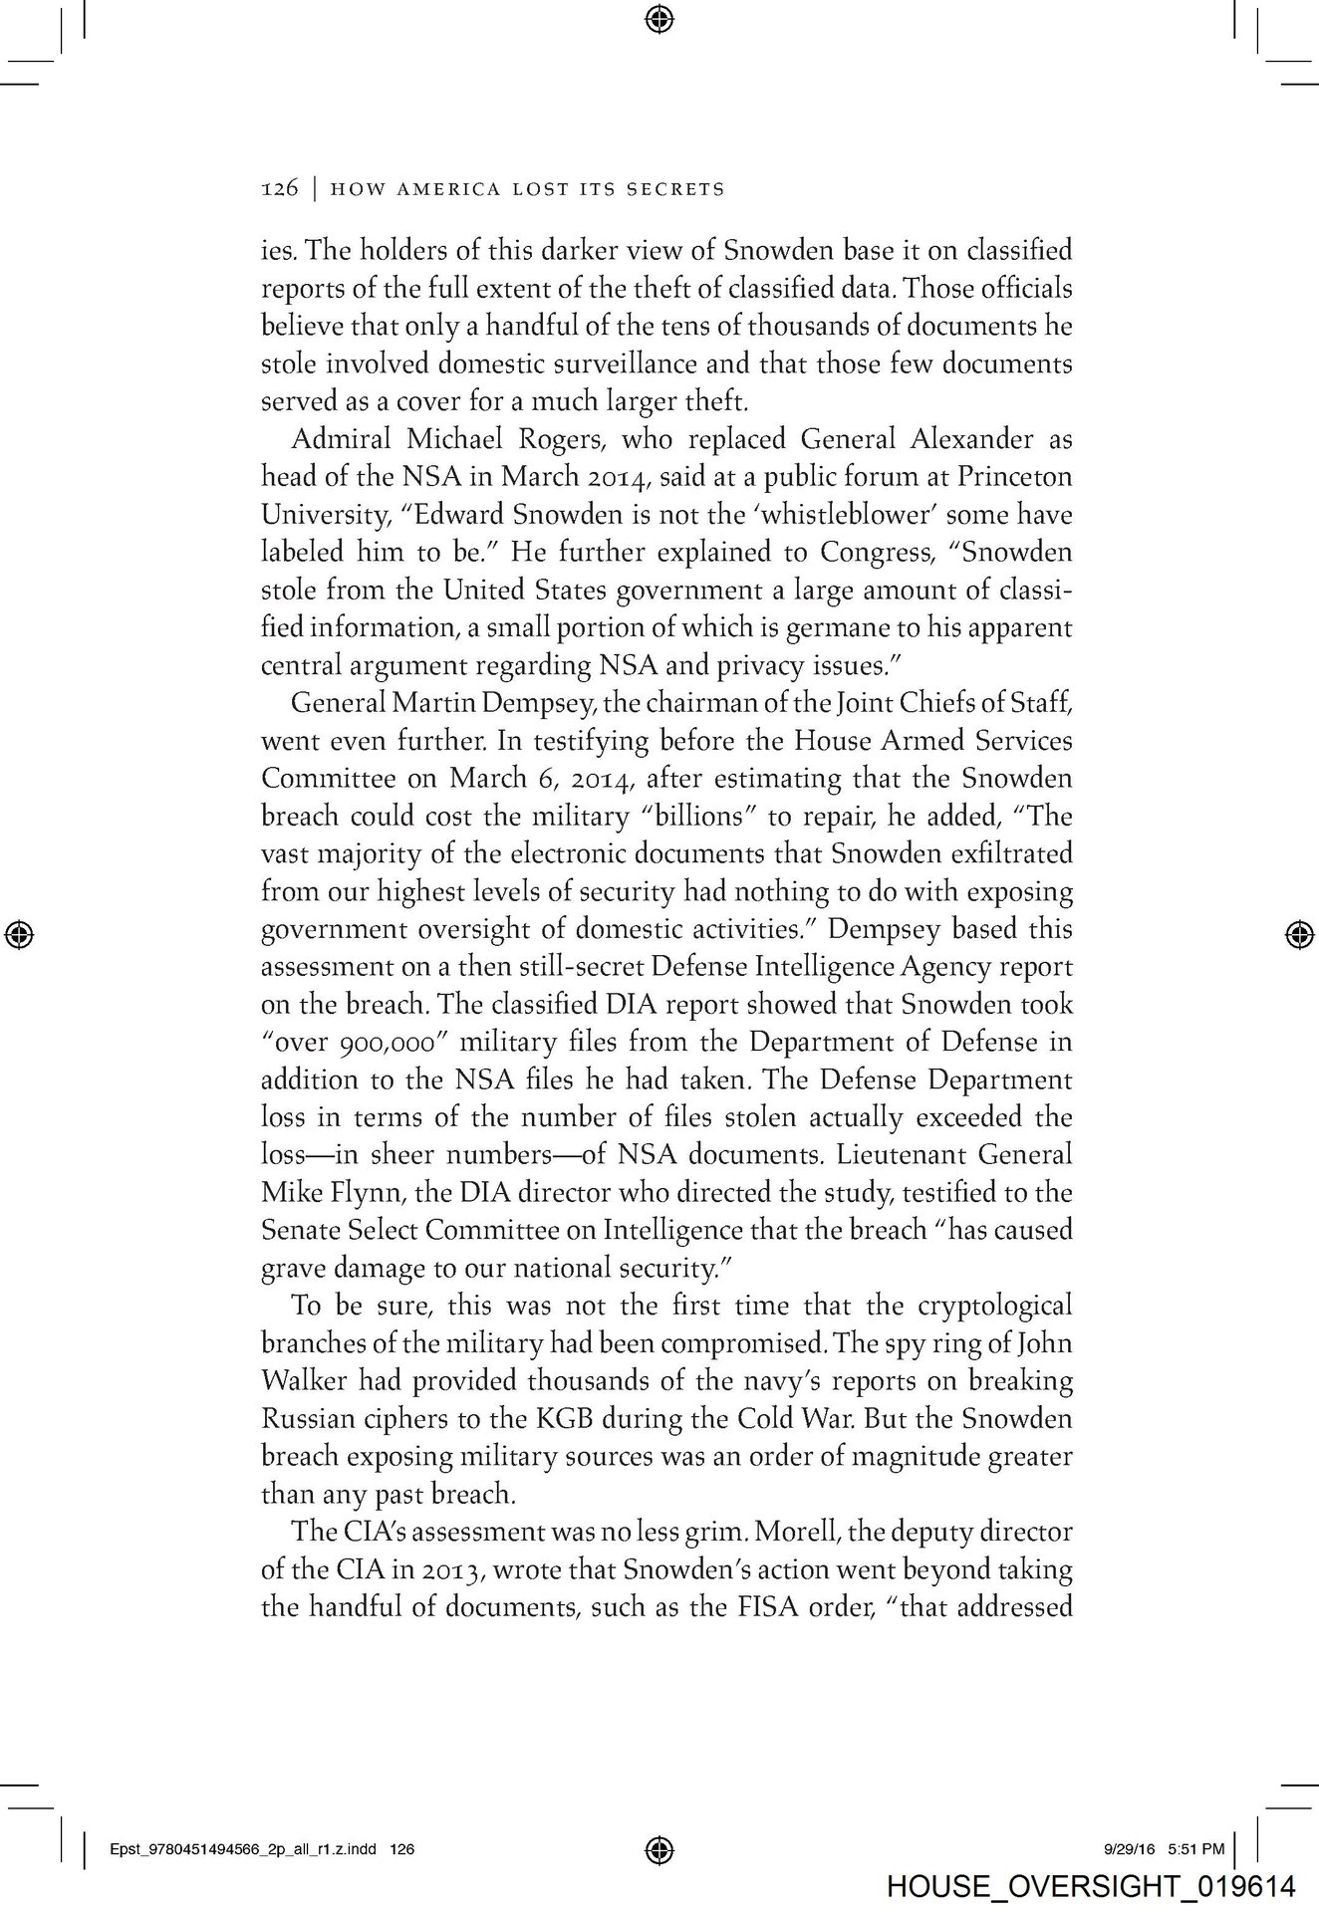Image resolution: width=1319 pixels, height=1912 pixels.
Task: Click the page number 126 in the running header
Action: (279, 188)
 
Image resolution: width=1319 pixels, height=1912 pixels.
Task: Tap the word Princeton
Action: (1014, 476)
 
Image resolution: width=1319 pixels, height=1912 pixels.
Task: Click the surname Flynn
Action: (354, 1193)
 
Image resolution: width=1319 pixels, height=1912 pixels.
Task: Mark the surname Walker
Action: (303, 1381)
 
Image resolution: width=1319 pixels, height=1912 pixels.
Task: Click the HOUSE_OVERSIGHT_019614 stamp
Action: (1090, 1885)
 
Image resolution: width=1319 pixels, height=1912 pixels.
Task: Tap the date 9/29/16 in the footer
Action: (1128, 1849)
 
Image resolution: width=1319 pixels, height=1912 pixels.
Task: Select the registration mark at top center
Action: (659, 17)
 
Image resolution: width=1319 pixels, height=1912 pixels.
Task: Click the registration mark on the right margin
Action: (1297, 933)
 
